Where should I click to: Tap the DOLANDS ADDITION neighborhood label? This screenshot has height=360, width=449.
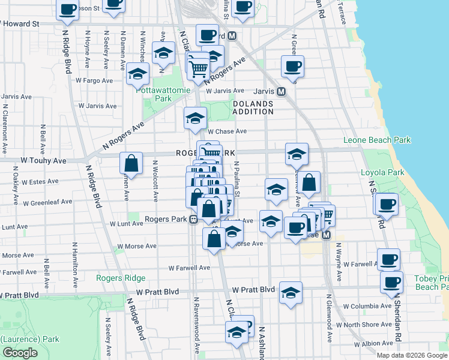[x=253, y=107]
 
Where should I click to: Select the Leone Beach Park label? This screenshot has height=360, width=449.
[x=377, y=140]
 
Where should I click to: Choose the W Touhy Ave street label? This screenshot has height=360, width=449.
[x=43, y=161]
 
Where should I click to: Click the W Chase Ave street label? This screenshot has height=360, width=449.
[x=227, y=131]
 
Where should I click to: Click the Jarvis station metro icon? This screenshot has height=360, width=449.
[x=281, y=92]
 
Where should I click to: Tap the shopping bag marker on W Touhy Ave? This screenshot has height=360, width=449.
[x=131, y=163]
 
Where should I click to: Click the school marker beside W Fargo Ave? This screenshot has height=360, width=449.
[x=138, y=74]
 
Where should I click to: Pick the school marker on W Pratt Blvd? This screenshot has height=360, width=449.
[x=291, y=293]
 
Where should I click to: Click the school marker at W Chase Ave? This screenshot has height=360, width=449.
[x=195, y=119]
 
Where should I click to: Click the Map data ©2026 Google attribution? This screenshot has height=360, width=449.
[x=411, y=355]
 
